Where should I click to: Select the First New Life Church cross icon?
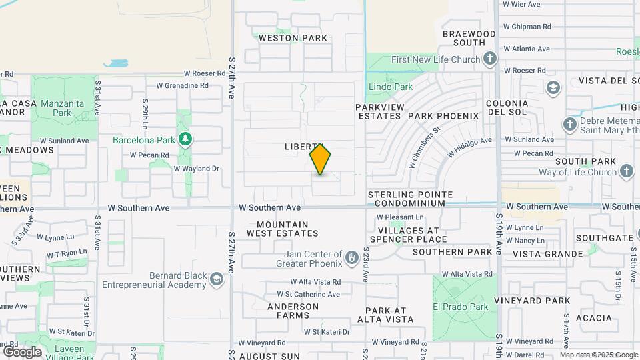click(x=490, y=59)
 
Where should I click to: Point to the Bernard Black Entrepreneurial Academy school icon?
click(x=216, y=279)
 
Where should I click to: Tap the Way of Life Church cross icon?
click(x=626, y=172)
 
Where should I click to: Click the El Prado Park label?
click(x=460, y=307)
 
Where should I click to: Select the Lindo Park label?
click(x=390, y=87)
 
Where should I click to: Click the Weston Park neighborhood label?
click(x=293, y=38)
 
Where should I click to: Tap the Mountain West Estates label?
click(x=283, y=229)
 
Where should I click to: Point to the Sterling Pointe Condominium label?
click(x=411, y=199)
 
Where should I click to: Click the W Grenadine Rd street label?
click(x=182, y=85)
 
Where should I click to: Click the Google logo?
click(x=22, y=351)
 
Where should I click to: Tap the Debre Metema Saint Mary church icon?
click(x=570, y=125)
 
